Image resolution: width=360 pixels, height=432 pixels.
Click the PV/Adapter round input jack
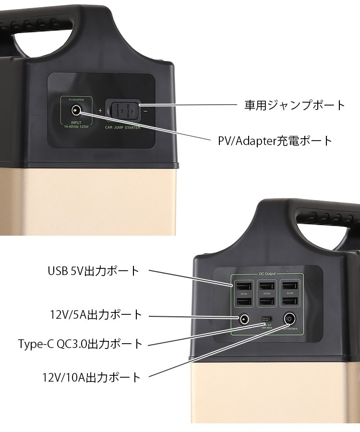point(76,110)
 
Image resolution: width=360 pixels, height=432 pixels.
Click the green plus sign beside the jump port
point(100,111)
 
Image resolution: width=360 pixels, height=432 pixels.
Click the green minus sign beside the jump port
point(145,111)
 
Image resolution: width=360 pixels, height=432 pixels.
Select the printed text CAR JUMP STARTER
point(122,128)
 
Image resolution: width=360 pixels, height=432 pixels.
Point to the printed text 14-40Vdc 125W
point(76,127)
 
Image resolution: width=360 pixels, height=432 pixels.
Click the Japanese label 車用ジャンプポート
point(295,105)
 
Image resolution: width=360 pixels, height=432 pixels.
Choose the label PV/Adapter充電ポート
point(272,141)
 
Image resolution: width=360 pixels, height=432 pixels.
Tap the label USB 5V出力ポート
point(93,271)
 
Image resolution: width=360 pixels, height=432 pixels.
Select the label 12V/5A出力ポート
point(96,315)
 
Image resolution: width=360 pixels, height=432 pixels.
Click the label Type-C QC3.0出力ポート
point(80,344)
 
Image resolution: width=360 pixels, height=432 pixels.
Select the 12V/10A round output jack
point(290,319)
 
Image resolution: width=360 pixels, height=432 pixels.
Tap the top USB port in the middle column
point(266,287)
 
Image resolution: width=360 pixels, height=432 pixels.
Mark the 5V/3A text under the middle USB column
point(266,294)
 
